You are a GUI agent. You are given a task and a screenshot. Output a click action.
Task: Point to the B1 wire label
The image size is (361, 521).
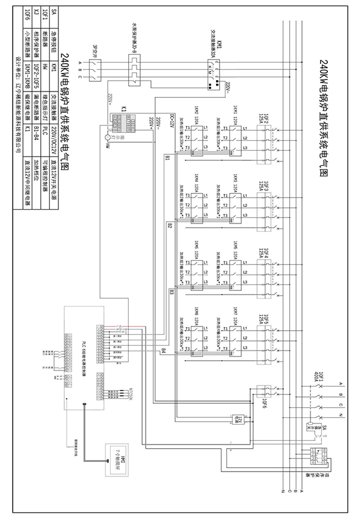(x=167, y=158)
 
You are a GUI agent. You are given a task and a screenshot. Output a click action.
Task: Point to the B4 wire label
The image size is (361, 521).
(x=162, y=351)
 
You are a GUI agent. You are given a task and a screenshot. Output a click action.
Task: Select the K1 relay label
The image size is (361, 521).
(x=123, y=108)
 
